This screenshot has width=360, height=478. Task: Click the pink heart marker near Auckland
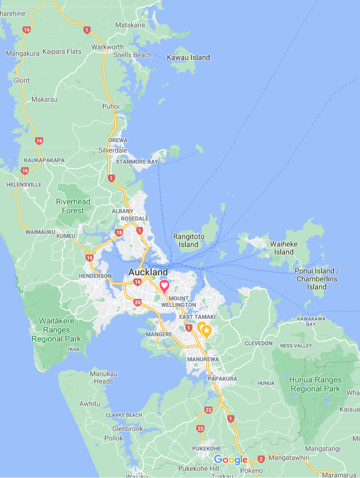[x=164, y=286]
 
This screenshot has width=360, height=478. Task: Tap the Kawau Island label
[x=188, y=57]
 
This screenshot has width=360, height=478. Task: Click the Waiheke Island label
[x=284, y=248]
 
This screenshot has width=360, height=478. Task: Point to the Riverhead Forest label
[x=73, y=206]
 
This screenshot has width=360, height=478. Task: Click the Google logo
[x=231, y=460]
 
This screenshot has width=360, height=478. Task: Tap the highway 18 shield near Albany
[x=119, y=233]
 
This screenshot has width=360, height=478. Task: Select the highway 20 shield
[x=137, y=302]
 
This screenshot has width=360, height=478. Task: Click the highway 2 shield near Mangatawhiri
[x=261, y=459]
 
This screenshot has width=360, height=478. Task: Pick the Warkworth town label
[x=107, y=47]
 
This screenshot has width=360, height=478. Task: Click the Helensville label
[x=24, y=185]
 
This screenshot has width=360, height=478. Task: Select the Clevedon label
[x=259, y=343]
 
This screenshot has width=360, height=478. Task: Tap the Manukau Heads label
[x=103, y=377]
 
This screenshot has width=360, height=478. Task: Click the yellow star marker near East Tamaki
[x=206, y=330]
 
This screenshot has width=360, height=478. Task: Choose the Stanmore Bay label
[x=137, y=162]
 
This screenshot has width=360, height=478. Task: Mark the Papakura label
[x=222, y=379]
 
